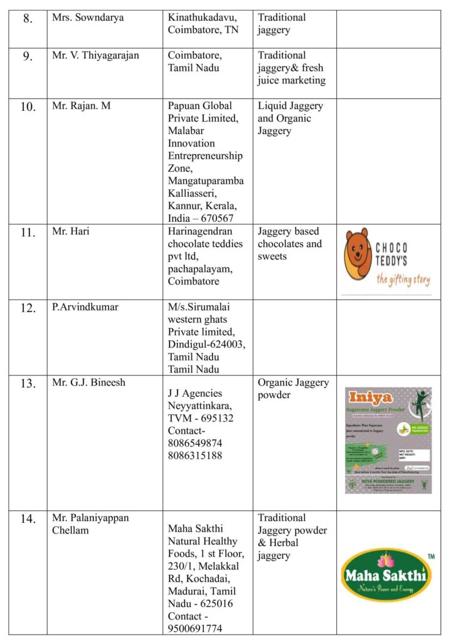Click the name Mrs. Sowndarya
(x=88, y=18)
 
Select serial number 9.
(x=28, y=56)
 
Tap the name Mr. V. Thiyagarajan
(x=95, y=55)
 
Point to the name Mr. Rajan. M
(x=81, y=106)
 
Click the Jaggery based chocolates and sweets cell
(x=289, y=243)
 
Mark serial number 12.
(x=28, y=308)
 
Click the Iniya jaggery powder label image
(x=388, y=439)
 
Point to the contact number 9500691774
(x=195, y=628)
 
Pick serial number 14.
(x=28, y=518)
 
